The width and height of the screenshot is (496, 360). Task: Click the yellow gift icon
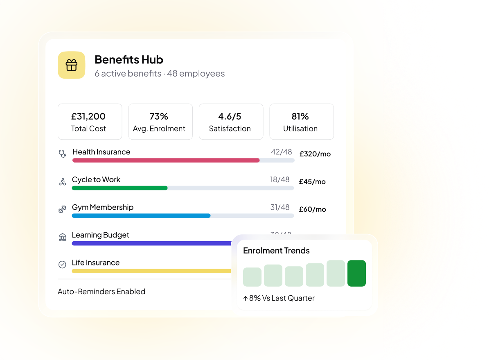[x=71, y=65]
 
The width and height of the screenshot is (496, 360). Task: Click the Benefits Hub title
[x=129, y=60]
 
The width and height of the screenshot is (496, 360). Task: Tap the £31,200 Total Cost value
[x=88, y=116]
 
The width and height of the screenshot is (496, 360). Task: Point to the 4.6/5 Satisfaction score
[x=230, y=116]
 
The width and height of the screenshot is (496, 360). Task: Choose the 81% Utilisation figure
[x=300, y=116]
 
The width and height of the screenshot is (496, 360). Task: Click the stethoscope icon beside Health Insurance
[x=62, y=154]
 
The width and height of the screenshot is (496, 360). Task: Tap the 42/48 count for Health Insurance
[x=281, y=152]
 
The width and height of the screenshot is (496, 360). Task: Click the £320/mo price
[x=315, y=154]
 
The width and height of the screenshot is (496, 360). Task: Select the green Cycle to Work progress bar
[x=119, y=188]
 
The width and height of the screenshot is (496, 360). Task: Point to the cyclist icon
[x=62, y=182]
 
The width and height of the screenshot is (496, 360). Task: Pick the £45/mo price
[x=312, y=182]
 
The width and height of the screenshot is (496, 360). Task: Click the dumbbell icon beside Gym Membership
[x=62, y=209]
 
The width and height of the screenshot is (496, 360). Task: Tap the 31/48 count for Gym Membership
[x=280, y=207]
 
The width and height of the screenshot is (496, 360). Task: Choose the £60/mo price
[x=312, y=209]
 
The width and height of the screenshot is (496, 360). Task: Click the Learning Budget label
[x=100, y=235]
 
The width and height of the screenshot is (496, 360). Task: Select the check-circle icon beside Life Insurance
[x=62, y=265]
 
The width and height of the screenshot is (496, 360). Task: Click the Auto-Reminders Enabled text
[x=101, y=292]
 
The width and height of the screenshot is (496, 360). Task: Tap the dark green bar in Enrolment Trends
[x=356, y=273]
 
